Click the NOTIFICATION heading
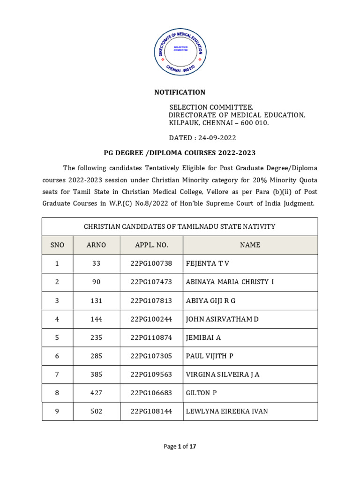pos(180,92)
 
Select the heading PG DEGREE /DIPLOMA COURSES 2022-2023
pos(180,153)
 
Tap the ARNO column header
pos(97,245)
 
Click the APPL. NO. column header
pos(151,245)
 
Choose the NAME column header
pos(250,245)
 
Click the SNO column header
pos(57,245)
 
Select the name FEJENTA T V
pos(208,263)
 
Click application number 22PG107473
pos(151,282)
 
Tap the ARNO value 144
pos(97,319)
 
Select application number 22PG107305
pos(151,356)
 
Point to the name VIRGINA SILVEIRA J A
pos(223,375)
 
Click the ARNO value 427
pos(97,393)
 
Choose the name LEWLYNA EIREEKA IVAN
pos(227,412)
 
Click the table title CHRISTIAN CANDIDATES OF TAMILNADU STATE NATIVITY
pos(180,226)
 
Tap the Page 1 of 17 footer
pos(180,447)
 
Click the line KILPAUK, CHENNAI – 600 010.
pos(219,123)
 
